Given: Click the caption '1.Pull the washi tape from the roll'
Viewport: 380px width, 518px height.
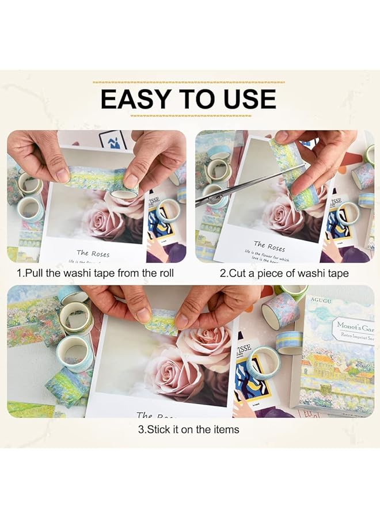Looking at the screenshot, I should pos(95,273).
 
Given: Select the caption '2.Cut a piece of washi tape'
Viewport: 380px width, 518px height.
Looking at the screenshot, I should pos(284,273).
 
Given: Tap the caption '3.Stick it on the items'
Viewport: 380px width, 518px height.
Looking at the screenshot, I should pos(189,429).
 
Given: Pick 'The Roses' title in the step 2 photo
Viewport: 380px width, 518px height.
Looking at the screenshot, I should pos(269,247).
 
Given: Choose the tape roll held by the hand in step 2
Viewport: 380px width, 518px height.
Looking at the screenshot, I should pos(304,197).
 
